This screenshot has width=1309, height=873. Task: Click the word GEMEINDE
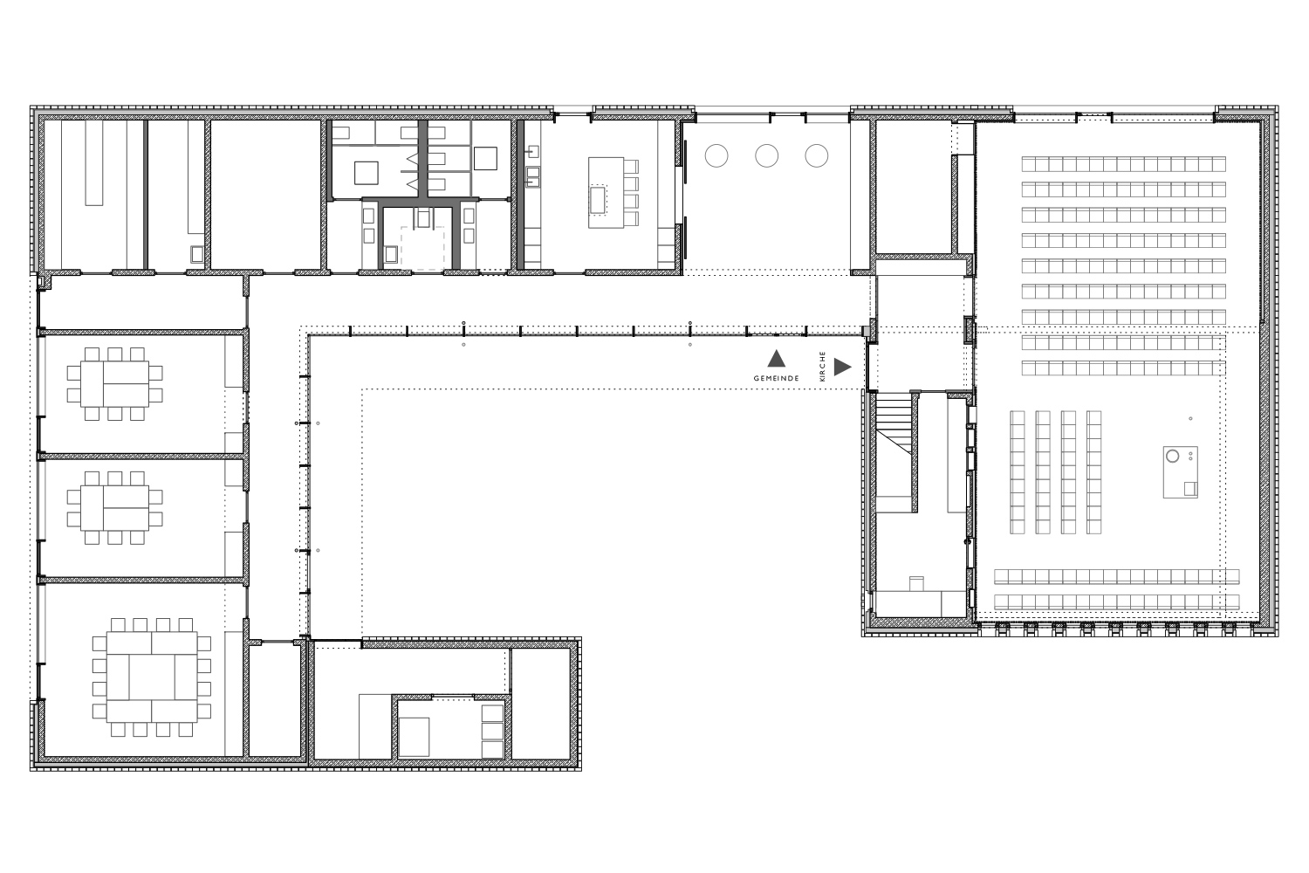[776, 378]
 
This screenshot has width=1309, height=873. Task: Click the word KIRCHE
[823, 367]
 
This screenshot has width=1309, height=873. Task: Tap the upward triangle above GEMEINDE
[776, 359]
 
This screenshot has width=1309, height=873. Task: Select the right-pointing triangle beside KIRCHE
[842, 368]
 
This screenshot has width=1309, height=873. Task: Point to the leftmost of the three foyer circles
[716, 156]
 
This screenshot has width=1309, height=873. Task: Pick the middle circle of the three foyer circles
[767, 156]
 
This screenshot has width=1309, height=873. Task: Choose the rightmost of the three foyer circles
[816, 156]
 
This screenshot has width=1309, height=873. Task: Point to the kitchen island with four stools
[606, 192]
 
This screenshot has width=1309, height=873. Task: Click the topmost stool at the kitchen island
[631, 167]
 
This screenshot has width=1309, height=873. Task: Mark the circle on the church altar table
[1172, 456]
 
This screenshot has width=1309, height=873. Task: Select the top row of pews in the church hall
[1124, 164]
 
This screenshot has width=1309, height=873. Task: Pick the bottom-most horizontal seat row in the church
[1117, 601]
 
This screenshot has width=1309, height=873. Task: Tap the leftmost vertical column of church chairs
[1018, 472]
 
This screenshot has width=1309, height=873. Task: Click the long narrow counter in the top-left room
[94, 163]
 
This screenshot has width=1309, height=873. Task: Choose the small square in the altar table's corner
[1190, 489]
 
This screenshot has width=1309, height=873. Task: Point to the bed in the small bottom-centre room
[415, 737]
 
